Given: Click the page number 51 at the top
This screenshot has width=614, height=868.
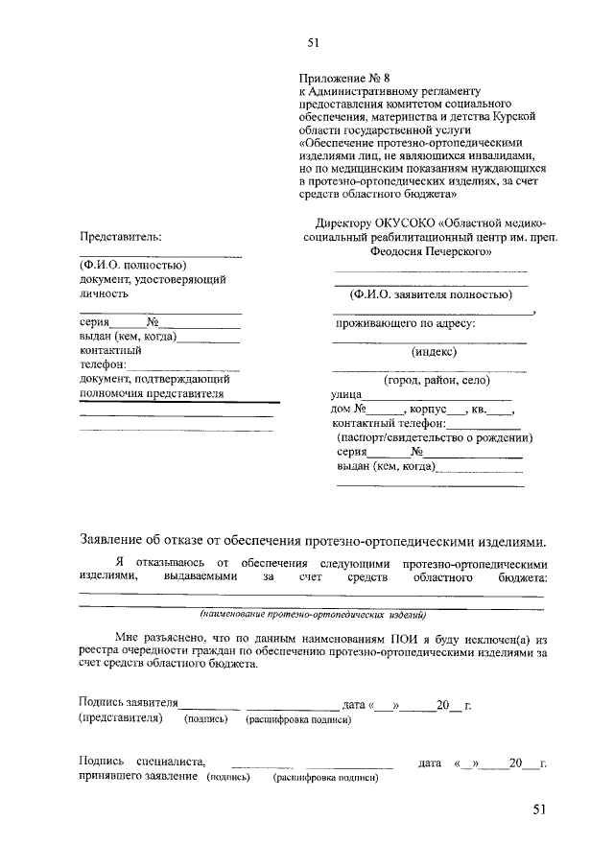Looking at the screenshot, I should click(312, 42).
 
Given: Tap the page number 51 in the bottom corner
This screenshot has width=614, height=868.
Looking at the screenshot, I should click(539, 810).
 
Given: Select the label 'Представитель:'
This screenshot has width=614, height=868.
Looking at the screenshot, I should click(120, 236).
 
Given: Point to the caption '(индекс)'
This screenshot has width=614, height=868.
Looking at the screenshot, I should click(434, 352).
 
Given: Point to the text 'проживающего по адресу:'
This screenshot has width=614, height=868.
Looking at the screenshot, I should click(406, 323).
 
